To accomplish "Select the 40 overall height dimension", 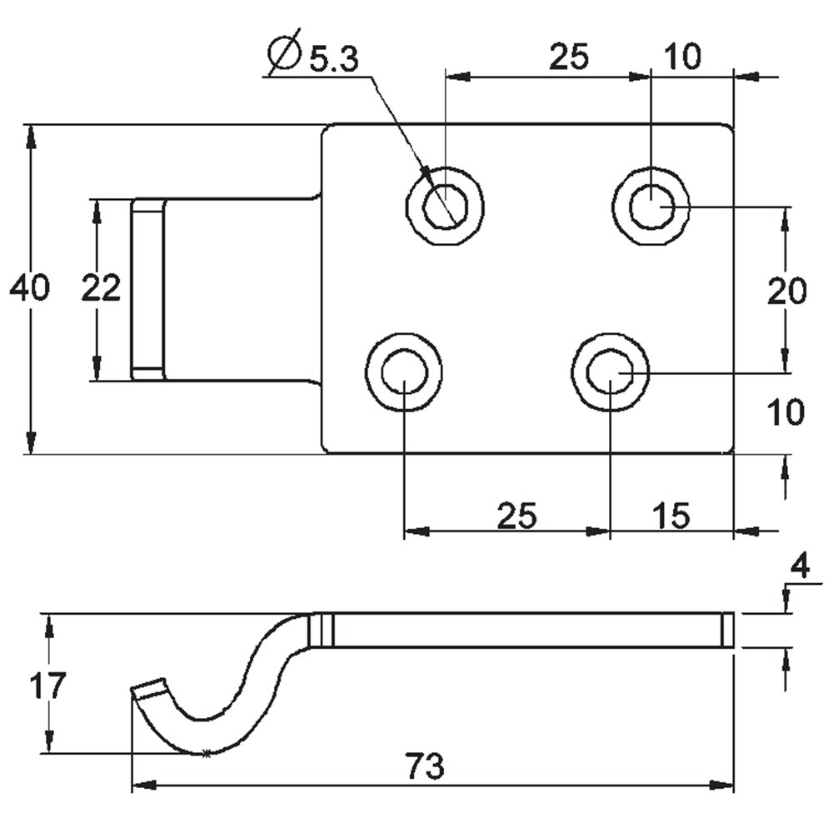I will pyautogui.click(x=29, y=288).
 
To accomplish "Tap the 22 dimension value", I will pyautogui.click(x=101, y=288).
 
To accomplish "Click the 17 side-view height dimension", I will pyautogui.click(x=47, y=686).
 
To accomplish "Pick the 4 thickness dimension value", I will pyautogui.click(x=799, y=569).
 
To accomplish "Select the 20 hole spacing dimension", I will pyautogui.click(x=786, y=292).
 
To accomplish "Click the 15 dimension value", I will pyautogui.click(x=672, y=516).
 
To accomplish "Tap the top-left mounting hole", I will pyautogui.click(x=445, y=207).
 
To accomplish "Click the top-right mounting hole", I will pyautogui.click(x=651, y=207).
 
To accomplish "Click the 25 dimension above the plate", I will pyautogui.click(x=569, y=57).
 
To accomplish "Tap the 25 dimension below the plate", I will pyautogui.click(x=516, y=516).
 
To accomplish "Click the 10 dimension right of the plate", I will pyautogui.click(x=786, y=412).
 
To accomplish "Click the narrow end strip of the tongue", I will pyautogui.click(x=147, y=289).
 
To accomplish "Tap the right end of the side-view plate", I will pyautogui.click(x=727, y=630).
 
